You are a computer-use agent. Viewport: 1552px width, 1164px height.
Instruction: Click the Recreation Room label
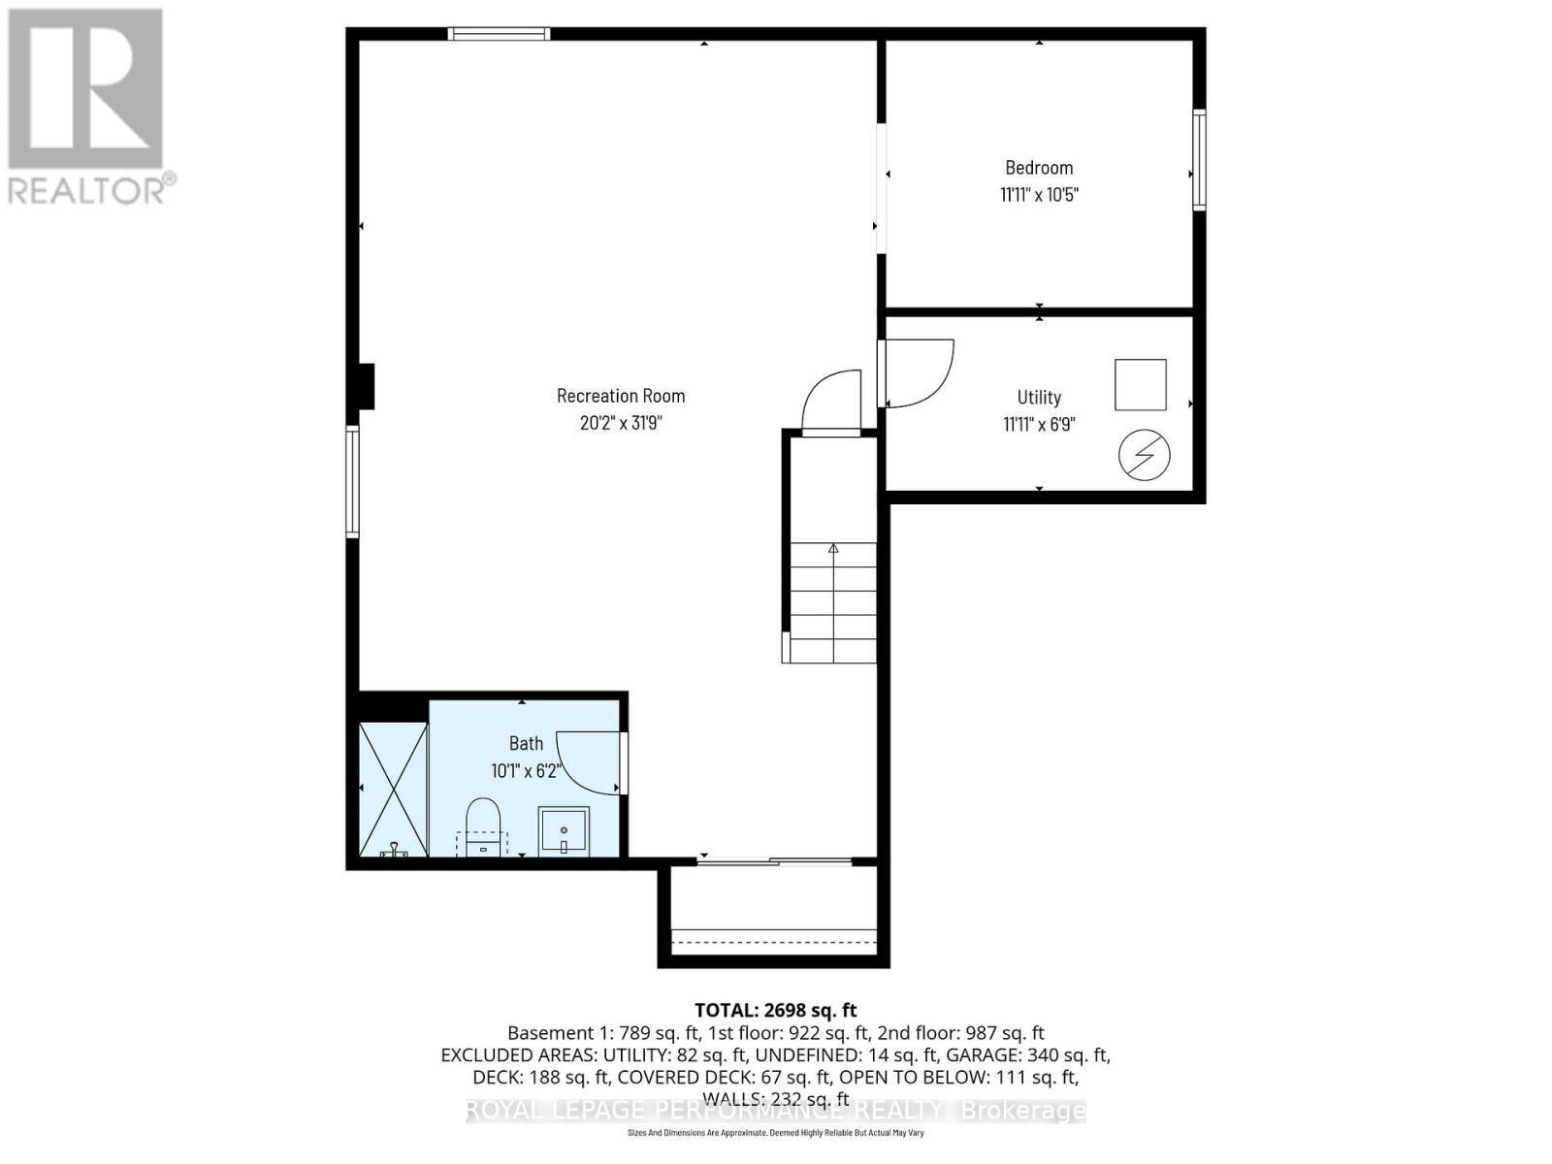(x=621, y=396)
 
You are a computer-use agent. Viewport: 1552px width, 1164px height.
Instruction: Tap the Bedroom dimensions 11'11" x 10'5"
(x=1039, y=195)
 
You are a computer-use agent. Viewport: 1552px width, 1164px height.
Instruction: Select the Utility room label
(x=1039, y=397)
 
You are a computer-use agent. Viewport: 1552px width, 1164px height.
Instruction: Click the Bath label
(x=526, y=743)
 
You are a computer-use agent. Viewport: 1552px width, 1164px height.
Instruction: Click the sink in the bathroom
(x=564, y=831)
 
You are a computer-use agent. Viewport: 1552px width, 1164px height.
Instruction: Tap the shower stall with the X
(x=394, y=789)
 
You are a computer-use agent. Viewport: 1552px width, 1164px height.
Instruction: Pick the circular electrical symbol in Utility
(x=1144, y=455)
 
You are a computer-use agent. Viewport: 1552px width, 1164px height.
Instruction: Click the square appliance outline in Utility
(x=1140, y=384)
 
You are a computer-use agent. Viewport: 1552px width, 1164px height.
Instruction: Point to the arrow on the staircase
(x=833, y=549)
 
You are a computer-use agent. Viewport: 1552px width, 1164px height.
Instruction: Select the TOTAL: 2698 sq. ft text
(x=775, y=1011)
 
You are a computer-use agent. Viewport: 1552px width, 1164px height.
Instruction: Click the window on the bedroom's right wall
(x=1199, y=160)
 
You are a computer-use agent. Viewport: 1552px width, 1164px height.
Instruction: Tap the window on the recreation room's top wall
(x=499, y=35)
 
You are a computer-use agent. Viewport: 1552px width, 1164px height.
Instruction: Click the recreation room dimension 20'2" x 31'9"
(x=621, y=423)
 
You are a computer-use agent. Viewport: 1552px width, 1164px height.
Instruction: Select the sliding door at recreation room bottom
(x=774, y=860)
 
